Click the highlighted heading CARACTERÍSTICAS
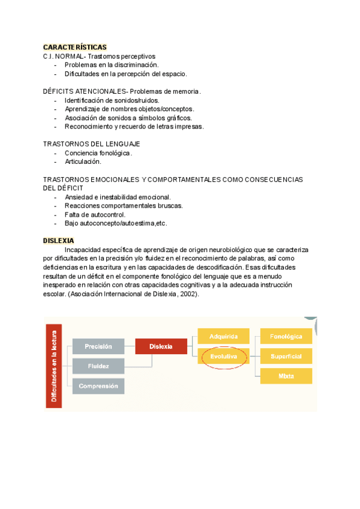pos(75,47)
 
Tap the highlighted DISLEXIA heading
pos(58,241)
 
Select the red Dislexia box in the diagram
pos(161,346)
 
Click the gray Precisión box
pos(98,346)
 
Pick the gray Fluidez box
pos(98,366)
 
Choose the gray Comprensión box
pos(98,386)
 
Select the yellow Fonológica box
pos(286,337)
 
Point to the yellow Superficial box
pos(286,357)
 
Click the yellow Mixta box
pos(286,376)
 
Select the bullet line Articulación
pos(83,161)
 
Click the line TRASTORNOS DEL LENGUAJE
pos(91,144)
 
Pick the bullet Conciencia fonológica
pos(98,153)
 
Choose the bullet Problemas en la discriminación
pos(112,65)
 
